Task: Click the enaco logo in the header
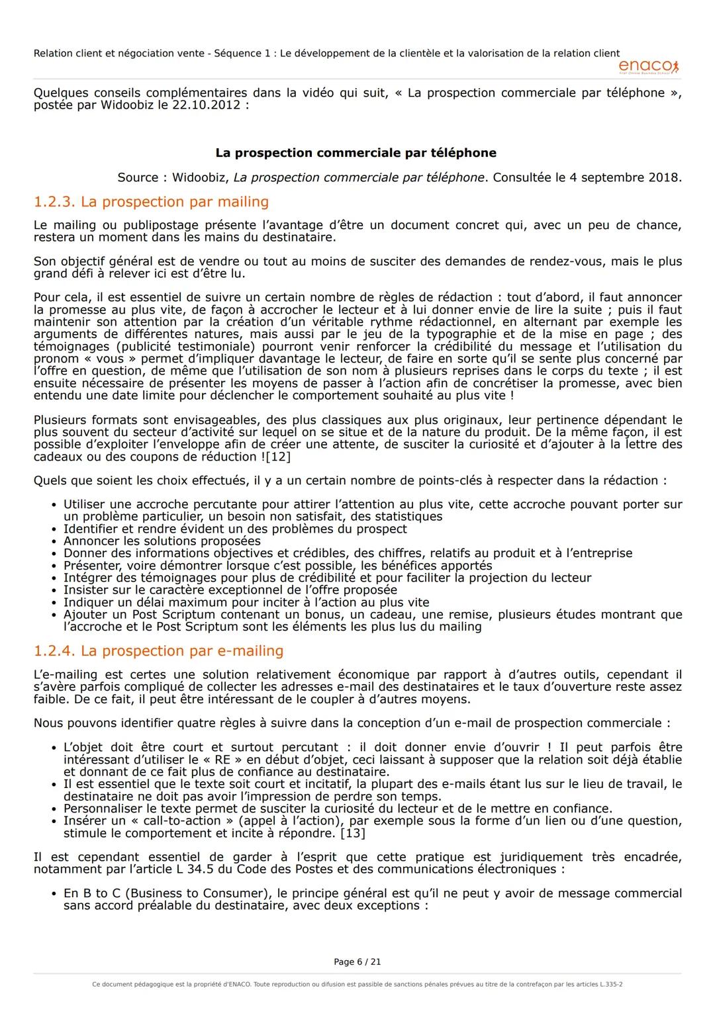[x=648, y=67]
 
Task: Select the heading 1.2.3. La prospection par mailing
[x=151, y=202]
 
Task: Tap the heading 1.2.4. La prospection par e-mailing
[x=158, y=650]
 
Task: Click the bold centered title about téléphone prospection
[x=356, y=153]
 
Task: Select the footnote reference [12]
[x=278, y=457]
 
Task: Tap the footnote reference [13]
[x=352, y=833]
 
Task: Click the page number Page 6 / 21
[x=357, y=961]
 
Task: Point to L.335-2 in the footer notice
[x=610, y=984]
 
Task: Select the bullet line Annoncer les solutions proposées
[x=162, y=541]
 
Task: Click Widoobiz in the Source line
[x=198, y=177]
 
